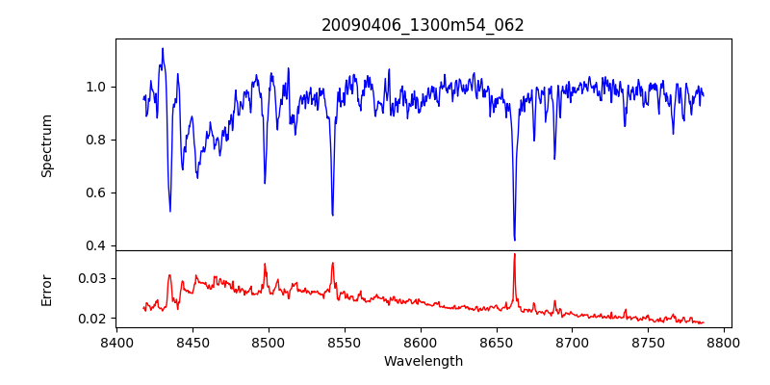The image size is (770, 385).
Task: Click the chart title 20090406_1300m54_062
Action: click(423, 25)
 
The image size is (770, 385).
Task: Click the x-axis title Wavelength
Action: click(423, 361)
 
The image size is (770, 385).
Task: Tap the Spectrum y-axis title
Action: click(47, 145)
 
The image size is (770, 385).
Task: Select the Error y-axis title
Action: click(47, 289)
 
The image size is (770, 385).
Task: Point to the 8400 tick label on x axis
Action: click(116, 343)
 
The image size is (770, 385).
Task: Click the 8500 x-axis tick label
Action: click(269, 343)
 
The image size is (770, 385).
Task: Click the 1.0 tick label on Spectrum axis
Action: click(97, 87)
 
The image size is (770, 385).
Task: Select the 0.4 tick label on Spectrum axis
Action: click(97, 245)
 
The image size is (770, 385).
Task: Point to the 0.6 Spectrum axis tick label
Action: click(97, 192)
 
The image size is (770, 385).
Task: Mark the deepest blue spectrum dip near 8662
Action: click(515, 240)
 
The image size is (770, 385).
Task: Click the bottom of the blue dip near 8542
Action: click(332, 215)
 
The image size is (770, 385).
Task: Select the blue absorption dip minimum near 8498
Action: click(265, 183)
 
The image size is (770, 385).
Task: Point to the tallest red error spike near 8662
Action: click(515, 254)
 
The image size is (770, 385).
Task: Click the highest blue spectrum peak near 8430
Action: click(163, 48)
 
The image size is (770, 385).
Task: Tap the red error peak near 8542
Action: click(332, 263)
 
